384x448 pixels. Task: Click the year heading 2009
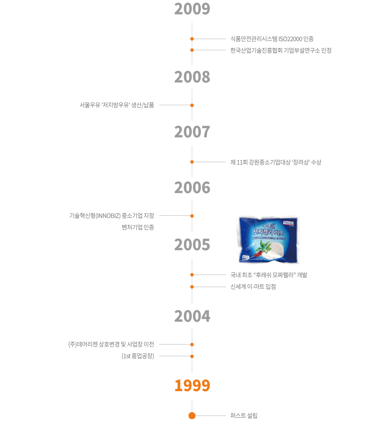coord(192,9)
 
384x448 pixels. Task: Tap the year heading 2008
coord(192,77)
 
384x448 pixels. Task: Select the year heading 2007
coord(192,132)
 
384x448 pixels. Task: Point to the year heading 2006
coord(192,188)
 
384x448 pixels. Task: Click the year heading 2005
coord(192,245)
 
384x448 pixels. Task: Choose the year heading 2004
coord(192,316)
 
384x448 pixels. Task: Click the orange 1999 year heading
coord(192,385)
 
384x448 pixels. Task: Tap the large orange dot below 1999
coord(192,416)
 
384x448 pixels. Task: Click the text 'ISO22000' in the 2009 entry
coord(290,39)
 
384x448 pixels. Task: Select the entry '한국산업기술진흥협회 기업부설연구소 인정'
coord(281,50)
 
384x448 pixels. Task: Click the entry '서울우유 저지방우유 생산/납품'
coord(117,105)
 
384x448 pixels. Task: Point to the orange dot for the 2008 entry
coord(192,105)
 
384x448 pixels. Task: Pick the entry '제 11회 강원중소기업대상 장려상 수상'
coord(275,162)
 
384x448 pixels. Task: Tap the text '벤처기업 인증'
coord(138,227)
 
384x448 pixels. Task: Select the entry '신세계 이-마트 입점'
coord(253,287)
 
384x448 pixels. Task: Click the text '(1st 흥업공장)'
coord(138,356)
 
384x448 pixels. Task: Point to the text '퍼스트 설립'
coord(244,416)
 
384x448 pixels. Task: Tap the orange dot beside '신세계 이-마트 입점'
coord(192,287)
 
